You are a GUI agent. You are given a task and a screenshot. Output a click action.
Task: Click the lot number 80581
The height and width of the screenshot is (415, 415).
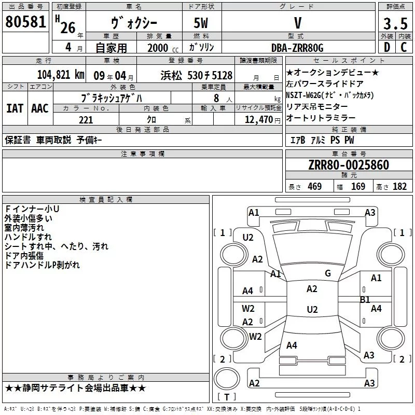[x=25, y=22]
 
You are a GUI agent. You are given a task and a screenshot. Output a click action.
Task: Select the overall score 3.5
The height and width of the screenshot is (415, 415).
[x=395, y=24]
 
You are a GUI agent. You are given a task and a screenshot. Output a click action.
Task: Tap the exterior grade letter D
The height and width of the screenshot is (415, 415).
[x=387, y=47]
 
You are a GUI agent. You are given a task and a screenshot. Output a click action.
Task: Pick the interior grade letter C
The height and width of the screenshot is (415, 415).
[x=404, y=47]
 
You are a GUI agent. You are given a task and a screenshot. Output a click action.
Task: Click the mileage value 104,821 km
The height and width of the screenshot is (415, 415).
[x=61, y=75]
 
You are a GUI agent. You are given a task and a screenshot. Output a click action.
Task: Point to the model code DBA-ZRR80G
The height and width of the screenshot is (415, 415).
[x=297, y=48]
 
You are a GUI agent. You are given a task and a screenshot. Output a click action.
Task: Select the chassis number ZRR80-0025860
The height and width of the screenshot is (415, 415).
[x=349, y=165]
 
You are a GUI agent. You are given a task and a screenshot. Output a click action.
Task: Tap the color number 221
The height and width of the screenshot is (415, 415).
[x=86, y=120]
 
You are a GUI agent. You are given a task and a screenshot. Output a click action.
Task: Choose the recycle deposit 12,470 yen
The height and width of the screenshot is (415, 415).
[x=262, y=120]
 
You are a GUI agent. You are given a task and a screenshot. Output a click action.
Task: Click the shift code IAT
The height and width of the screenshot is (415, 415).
[x=15, y=108]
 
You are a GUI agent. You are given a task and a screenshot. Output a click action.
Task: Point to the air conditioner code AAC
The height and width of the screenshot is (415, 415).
[x=40, y=108]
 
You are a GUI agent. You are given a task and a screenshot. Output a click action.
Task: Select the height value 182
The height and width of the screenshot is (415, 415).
[x=399, y=187]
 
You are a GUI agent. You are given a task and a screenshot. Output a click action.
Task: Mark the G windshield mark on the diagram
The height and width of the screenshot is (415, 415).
[x=328, y=273]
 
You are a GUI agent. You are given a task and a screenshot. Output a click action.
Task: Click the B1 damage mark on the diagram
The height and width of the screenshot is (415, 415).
[x=365, y=300]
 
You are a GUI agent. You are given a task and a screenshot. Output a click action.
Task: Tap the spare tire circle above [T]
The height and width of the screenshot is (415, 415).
[x=227, y=379]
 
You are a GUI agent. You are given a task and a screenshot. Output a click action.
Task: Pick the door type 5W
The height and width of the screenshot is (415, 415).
[x=201, y=23]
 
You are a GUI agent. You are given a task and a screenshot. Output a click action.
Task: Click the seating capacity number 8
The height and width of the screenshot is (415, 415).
[x=216, y=98]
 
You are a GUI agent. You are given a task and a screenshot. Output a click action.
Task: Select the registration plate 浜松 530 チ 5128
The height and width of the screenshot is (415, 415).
[x=197, y=75]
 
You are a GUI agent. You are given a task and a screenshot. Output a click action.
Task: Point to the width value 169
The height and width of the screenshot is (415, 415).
[x=358, y=187]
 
